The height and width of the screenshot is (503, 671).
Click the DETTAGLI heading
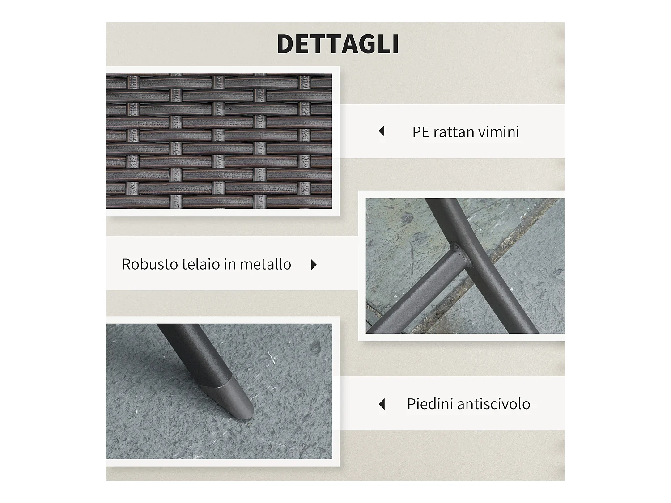pos(338,44)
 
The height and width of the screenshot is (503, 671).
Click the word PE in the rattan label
pos(420,132)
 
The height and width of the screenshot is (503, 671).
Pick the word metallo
pos(265,264)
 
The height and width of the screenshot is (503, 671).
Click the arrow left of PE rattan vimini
pos(382,131)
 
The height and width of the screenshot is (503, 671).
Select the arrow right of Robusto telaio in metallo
pos(314,265)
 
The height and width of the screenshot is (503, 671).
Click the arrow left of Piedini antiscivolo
pos(382,404)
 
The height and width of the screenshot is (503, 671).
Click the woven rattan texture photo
pos(219,141)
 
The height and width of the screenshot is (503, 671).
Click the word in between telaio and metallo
pos(229,264)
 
